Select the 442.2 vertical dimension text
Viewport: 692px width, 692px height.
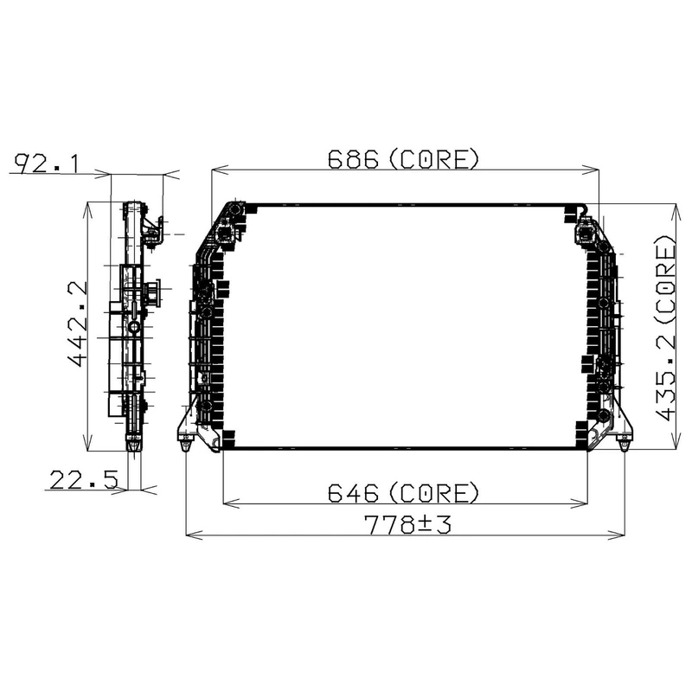point(78,324)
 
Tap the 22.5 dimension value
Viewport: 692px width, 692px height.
point(84,480)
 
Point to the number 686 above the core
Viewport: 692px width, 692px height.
point(354,159)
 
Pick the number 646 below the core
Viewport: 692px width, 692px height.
point(354,492)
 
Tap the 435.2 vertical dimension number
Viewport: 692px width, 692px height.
point(665,376)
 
